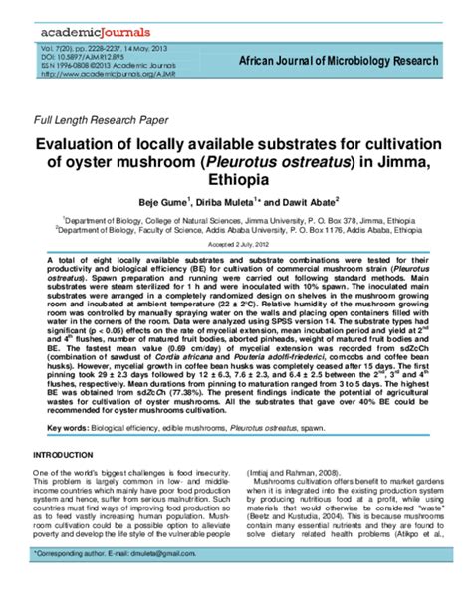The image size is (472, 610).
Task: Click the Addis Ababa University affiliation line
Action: click(x=235, y=228)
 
